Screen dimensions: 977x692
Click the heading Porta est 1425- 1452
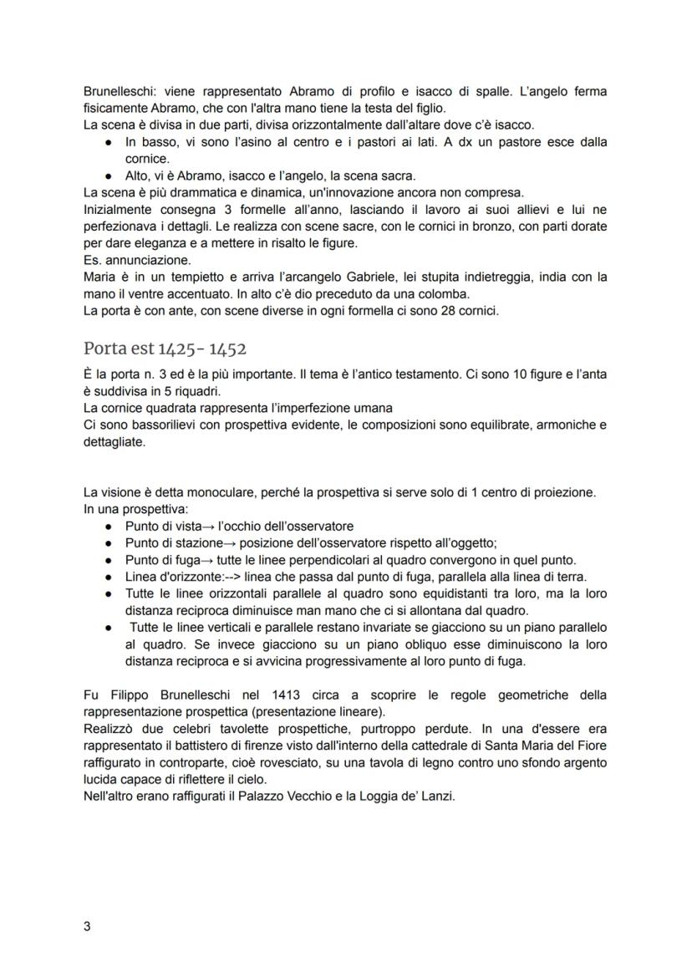(x=165, y=349)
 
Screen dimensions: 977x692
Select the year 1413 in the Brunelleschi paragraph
(x=287, y=695)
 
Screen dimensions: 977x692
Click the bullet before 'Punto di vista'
(x=109, y=527)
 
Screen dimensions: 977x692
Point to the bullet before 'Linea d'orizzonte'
(x=109, y=577)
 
